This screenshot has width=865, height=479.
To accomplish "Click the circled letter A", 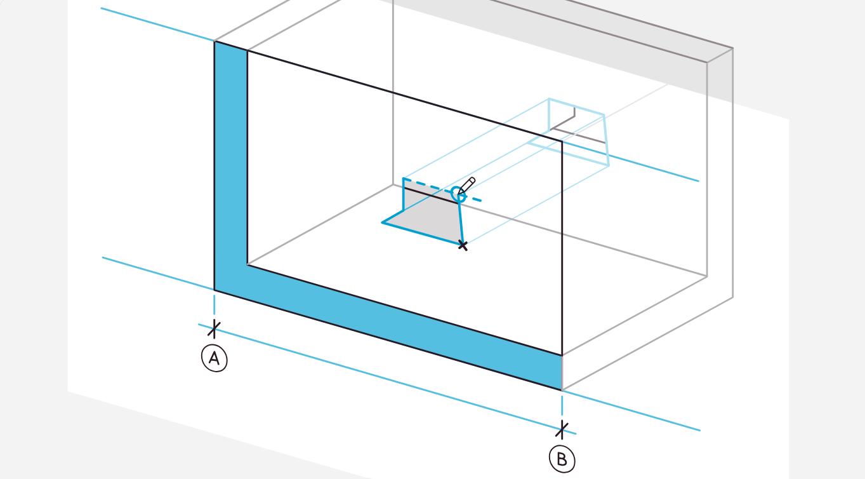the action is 215,358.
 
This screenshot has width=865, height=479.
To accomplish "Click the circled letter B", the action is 562,459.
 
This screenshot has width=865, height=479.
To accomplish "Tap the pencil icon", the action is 467,186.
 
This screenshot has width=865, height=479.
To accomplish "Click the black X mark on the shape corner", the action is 463,245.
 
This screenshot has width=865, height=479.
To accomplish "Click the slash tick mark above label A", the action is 214,329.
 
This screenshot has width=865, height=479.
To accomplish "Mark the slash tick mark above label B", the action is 562,429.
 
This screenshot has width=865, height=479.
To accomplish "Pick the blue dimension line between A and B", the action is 387,379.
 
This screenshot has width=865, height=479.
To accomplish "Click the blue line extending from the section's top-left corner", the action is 157,24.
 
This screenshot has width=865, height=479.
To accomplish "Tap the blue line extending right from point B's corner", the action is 631,410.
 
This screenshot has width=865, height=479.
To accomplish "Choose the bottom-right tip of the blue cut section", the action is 562,390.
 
